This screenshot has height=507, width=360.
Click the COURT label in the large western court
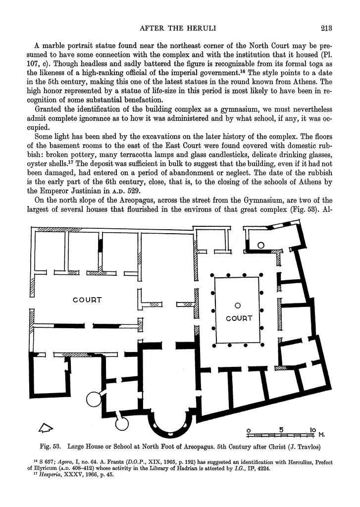pos(87,300)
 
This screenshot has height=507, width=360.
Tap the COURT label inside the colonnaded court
pos(239,318)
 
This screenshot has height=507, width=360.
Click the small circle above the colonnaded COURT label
pos(238,305)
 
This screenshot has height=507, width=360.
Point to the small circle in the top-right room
pos(261,245)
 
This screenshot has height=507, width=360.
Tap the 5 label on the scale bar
pos(281,429)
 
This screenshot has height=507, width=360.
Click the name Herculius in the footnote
pos(279,462)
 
